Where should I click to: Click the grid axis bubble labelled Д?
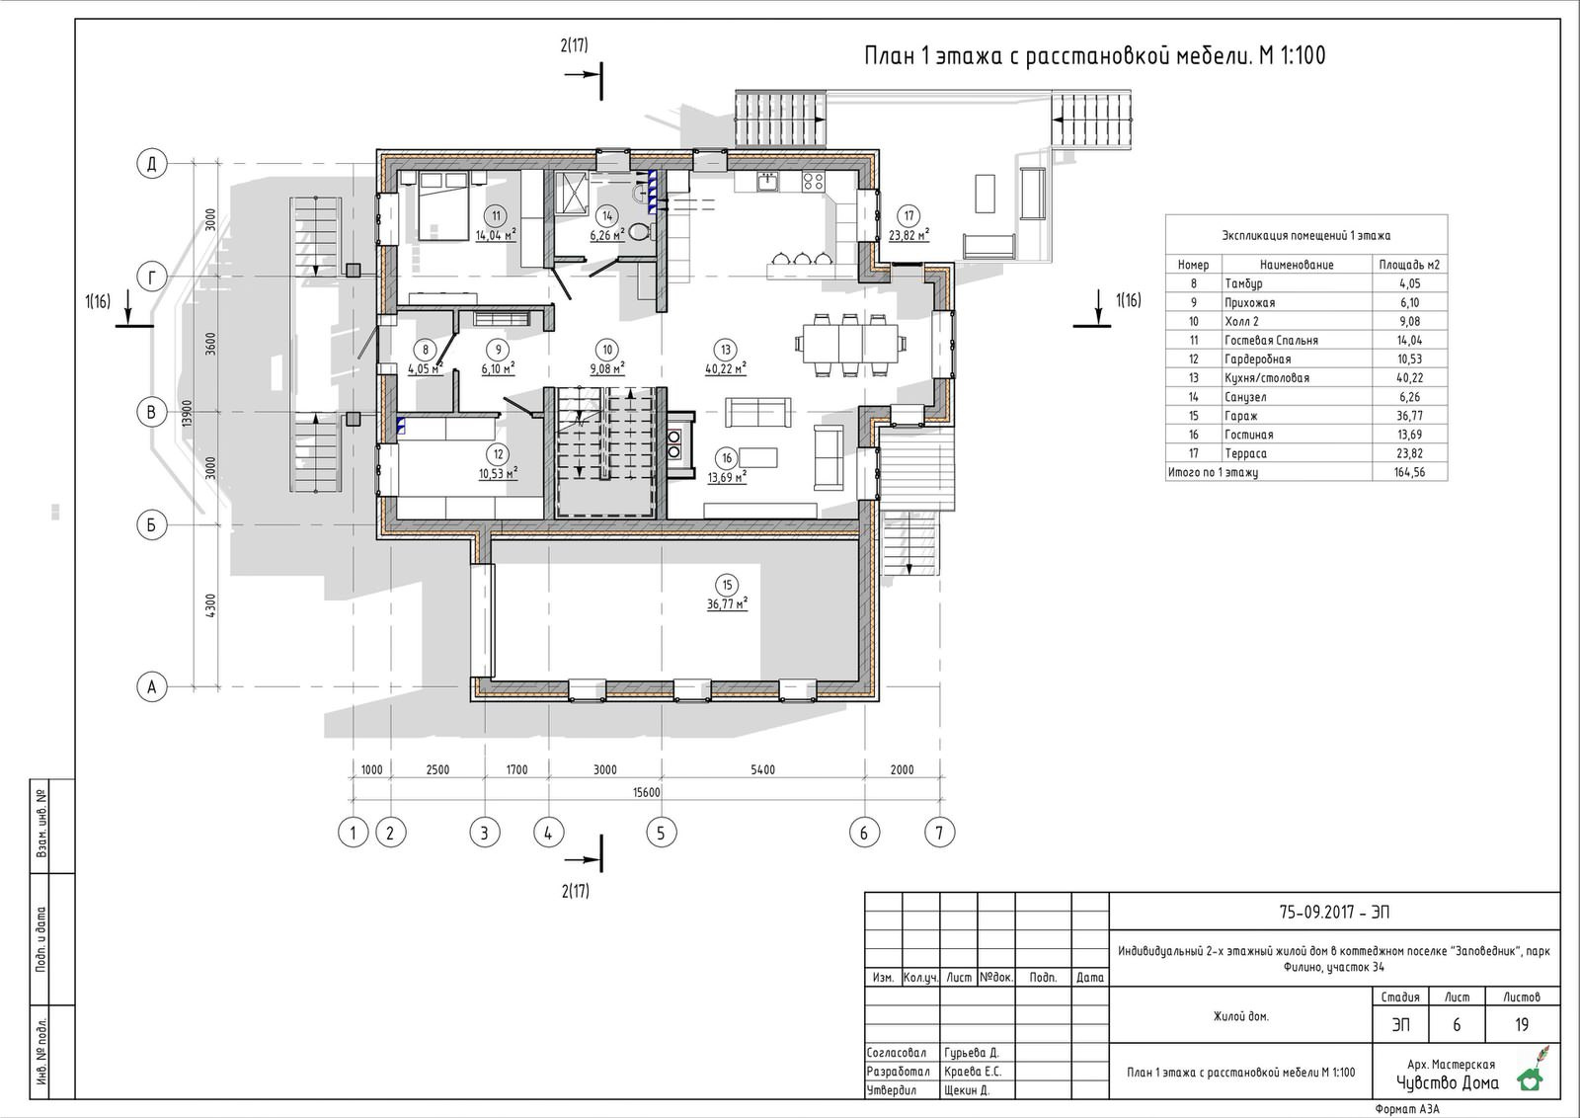click(152, 164)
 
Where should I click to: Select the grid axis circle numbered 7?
click(939, 833)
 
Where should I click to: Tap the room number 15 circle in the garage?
click(727, 585)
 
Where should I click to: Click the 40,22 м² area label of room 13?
click(726, 368)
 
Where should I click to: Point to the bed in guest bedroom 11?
click(443, 205)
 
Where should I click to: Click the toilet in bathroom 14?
click(641, 231)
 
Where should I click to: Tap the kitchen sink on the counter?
click(767, 182)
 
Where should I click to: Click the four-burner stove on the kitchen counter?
click(813, 182)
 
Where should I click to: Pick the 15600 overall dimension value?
click(646, 792)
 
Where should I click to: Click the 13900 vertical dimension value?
click(187, 413)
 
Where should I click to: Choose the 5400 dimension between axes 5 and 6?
click(763, 769)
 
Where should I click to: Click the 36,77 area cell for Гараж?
click(1409, 416)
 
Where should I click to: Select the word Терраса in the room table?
click(1245, 453)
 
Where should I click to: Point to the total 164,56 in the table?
click(1409, 472)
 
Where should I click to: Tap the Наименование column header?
click(1297, 265)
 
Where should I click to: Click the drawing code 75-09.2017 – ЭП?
click(1334, 912)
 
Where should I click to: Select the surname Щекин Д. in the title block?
click(967, 1089)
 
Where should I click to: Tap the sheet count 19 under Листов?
click(1522, 1024)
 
